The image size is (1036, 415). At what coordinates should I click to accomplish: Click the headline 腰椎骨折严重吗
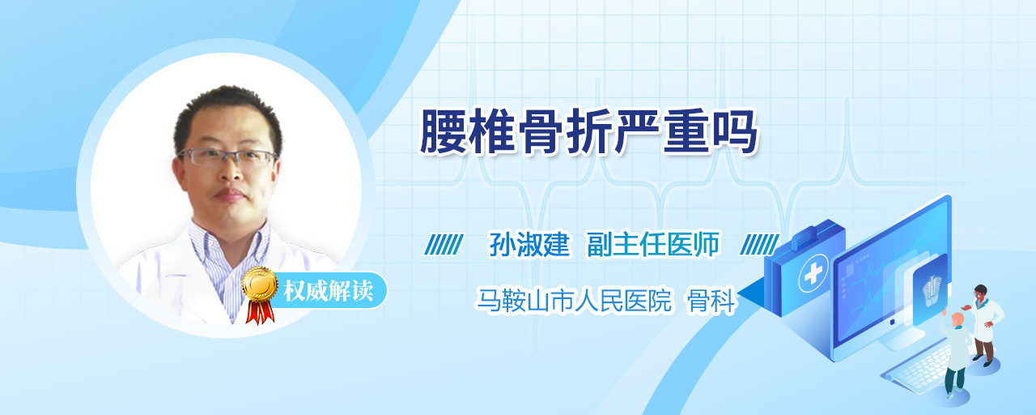[x=588, y=132]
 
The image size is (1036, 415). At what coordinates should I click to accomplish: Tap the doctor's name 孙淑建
[x=529, y=244]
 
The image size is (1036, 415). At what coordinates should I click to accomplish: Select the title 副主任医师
[x=653, y=244]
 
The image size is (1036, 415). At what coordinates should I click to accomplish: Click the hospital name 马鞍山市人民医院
[x=574, y=301]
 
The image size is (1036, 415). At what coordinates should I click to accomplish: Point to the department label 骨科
[x=711, y=301]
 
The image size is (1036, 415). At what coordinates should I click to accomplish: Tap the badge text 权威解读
[x=329, y=290]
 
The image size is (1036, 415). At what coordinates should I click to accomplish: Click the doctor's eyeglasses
[x=227, y=157]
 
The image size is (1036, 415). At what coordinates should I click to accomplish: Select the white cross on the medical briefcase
[x=813, y=272]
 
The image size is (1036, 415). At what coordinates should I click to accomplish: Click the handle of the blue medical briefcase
[x=813, y=234]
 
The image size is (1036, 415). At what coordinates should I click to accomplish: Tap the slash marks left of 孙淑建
[x=444, y=245]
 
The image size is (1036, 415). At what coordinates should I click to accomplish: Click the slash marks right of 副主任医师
[x=759, y=245]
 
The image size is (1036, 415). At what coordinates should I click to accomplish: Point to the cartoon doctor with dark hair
[x=984, y=325]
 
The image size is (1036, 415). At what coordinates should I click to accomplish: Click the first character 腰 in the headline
[x=442, y=132]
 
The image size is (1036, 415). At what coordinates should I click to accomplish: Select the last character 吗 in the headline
[x=735, y=132]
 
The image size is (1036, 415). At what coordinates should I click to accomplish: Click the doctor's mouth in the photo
[x=229, y=194]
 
